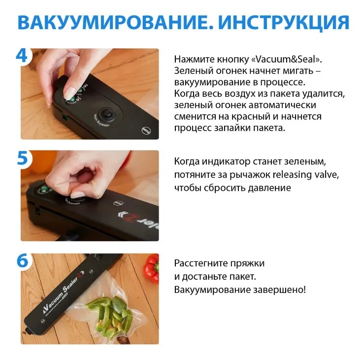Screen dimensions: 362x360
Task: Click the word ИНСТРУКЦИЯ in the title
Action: click(x=284, y=23)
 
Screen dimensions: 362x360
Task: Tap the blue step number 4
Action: click(x=22, y=56)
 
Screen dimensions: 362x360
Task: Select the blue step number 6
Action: click(x=22, y=260)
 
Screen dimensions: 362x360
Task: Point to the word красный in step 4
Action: click(x=251, y=116)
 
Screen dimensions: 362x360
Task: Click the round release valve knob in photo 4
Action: click(x=107, y=113)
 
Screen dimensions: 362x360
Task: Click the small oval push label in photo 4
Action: click(x=146, y=130)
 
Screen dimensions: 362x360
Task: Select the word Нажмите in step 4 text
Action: click(x=195, y=59)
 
